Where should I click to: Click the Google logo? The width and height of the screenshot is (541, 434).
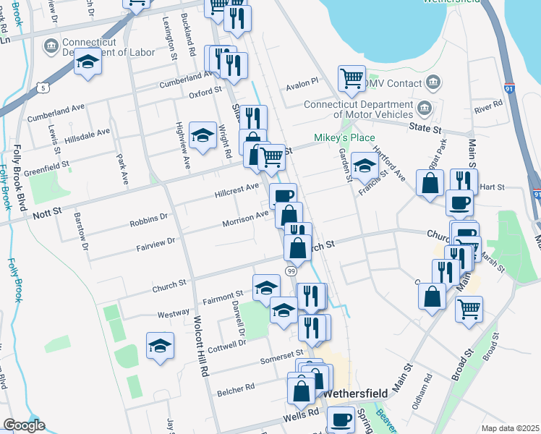pos(24,425)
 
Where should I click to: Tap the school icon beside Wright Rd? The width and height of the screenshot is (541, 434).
pos(203,135)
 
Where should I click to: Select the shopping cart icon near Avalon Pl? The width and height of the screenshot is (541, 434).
pos(352,79)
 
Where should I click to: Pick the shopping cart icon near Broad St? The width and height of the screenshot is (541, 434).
pos(469,309)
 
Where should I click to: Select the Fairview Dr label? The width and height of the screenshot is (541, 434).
pos(156,246)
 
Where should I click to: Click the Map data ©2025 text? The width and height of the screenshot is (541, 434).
pos(511,428)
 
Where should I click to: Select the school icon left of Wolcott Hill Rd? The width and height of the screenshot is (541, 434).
pos(160,345)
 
